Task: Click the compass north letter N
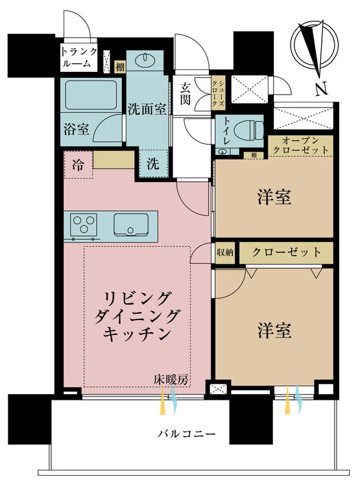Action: [320, 89]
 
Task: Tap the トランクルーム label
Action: [80, 58]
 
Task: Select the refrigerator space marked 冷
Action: [78, 165]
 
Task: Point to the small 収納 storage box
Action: [225, 252]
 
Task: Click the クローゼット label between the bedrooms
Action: [286, 252]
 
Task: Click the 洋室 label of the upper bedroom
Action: [273, 196]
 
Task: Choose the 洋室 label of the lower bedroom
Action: [273, 330]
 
